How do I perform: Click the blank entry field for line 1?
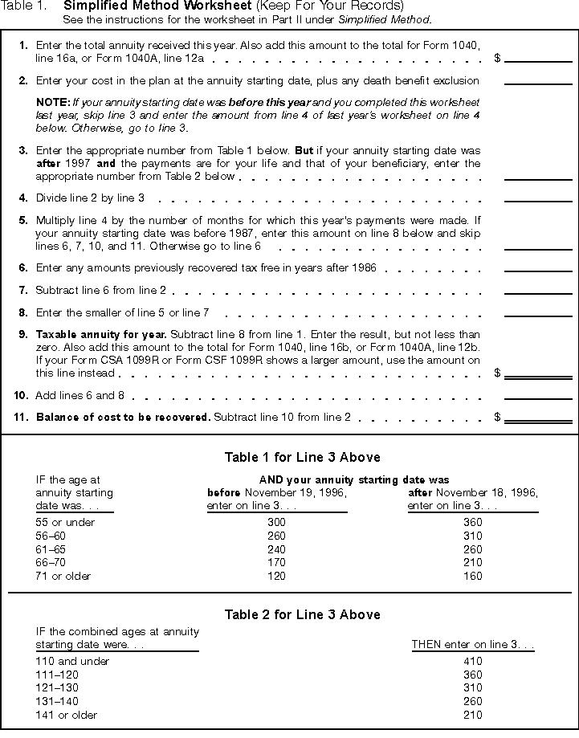pyautogui.click(x=538, y=56)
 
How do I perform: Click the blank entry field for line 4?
pyautogui.click(x=538, y=196)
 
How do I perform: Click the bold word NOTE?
pyautogui.click(x=53, y=103)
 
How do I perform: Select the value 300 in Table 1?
pyautogui.click(x=276, y=522)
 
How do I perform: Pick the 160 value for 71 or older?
pyautogui.click(x=473, y=576)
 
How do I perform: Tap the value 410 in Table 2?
pyautogui.click(x=473, y=662)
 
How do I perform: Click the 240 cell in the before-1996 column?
pyautogui.click(x=276, y=549)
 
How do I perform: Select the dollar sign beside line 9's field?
pyautogui.click(x=498, y=373)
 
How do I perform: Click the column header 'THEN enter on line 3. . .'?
pyautogui.click(x=472, y=644)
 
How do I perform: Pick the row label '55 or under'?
pyautogui.click(x=65, y=522)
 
